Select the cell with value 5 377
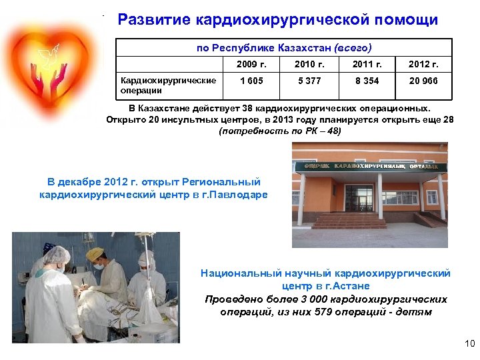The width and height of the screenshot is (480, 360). [310, 81]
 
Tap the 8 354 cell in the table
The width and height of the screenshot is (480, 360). [367, 81]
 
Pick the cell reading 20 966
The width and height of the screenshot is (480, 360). [424, 81]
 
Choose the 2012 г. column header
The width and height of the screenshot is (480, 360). [424, 65]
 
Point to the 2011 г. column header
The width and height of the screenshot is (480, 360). [367, 65]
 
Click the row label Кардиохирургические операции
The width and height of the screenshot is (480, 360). [168, 85]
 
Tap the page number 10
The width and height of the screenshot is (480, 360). [468, 344]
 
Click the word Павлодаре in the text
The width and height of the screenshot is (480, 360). [239, 195]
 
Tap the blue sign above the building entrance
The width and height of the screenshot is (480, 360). [371, 165]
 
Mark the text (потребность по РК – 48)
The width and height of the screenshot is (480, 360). [279, 131]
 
